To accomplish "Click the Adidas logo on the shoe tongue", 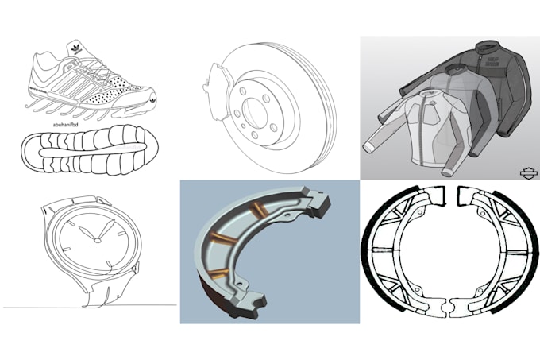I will pos(74,47).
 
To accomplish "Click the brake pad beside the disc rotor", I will pos(211,85).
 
